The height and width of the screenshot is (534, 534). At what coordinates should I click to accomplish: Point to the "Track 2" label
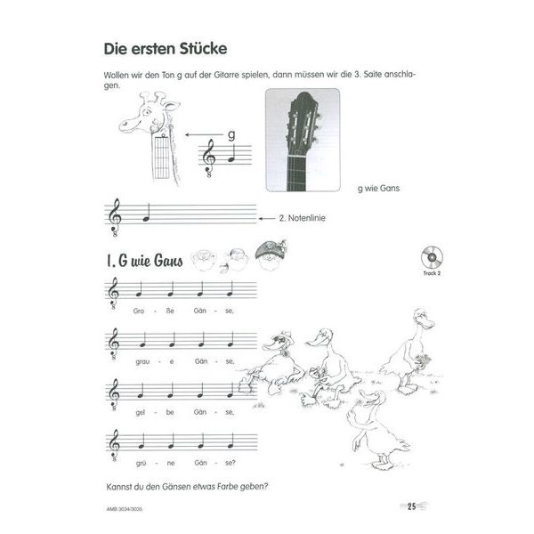[433, 275]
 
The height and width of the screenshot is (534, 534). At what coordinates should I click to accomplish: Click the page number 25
[412, 508]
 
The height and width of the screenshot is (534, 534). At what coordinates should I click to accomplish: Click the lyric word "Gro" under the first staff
[138, 310]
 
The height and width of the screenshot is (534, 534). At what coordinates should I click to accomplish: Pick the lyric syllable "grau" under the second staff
[138, 360]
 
